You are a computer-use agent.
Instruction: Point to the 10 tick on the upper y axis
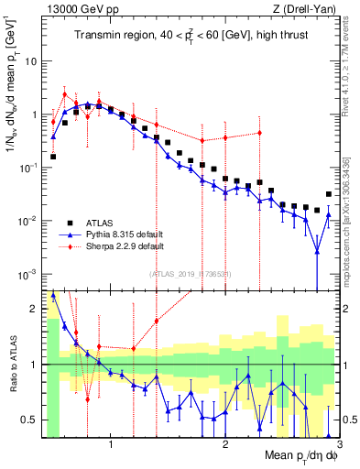(31, 61)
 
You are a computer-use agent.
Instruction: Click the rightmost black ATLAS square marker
(329, 194)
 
